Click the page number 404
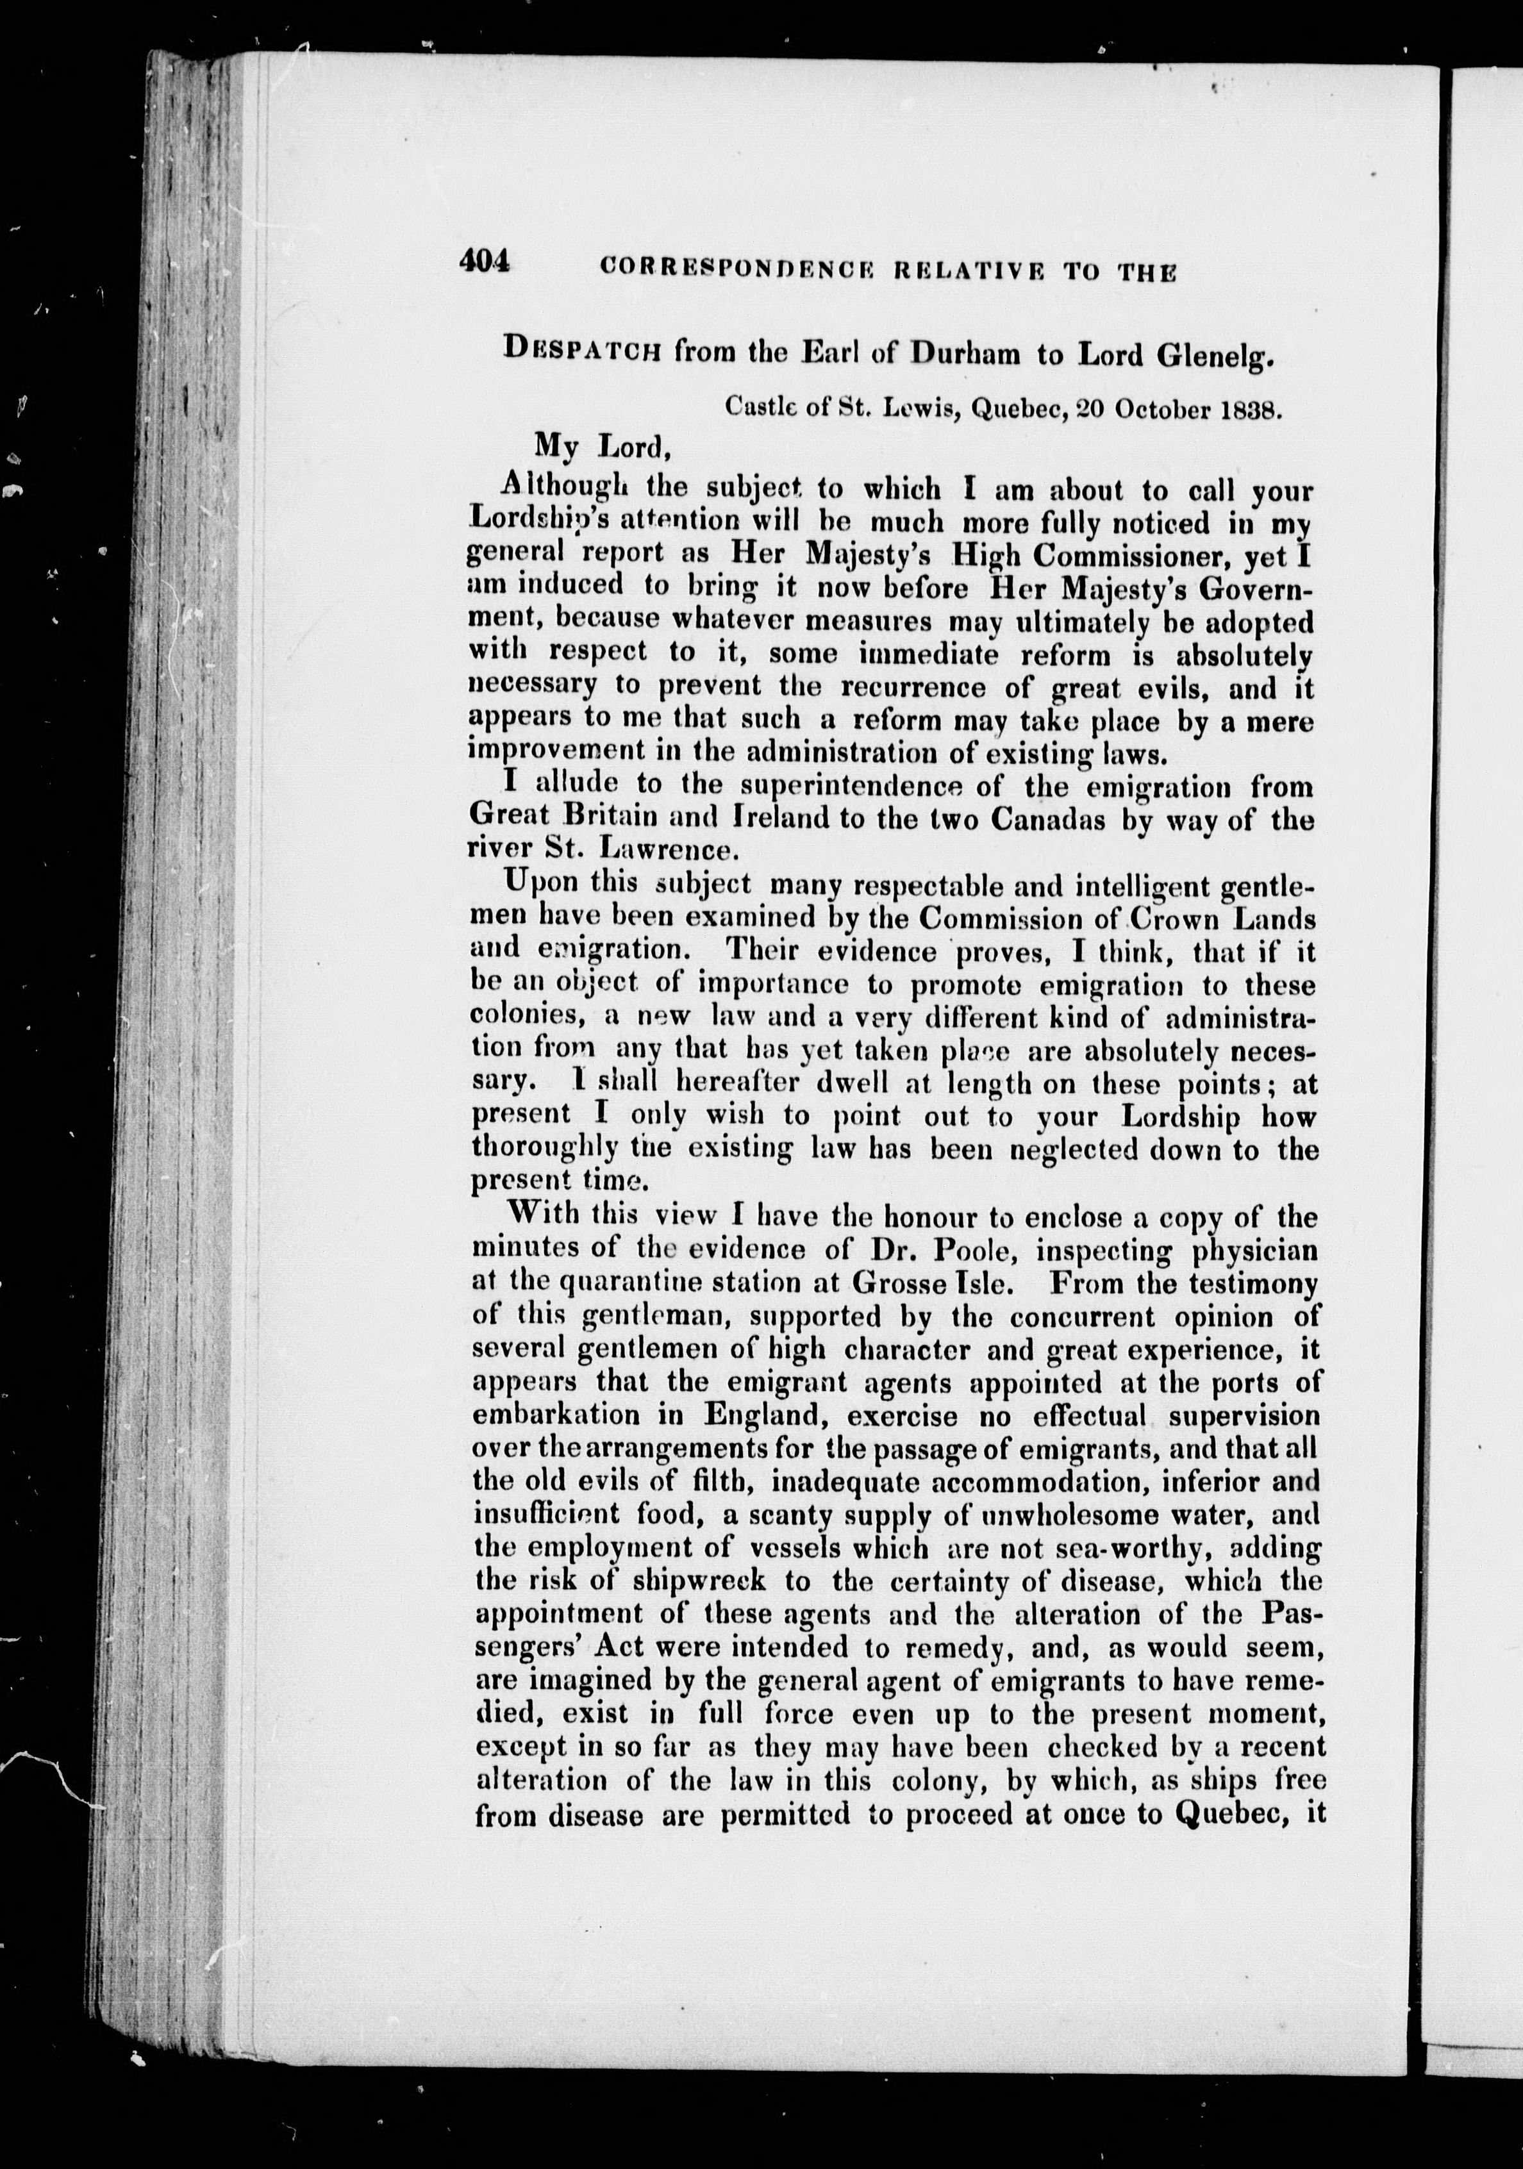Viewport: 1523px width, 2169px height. (485, 262)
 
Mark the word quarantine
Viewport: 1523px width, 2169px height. (632, 1284)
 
